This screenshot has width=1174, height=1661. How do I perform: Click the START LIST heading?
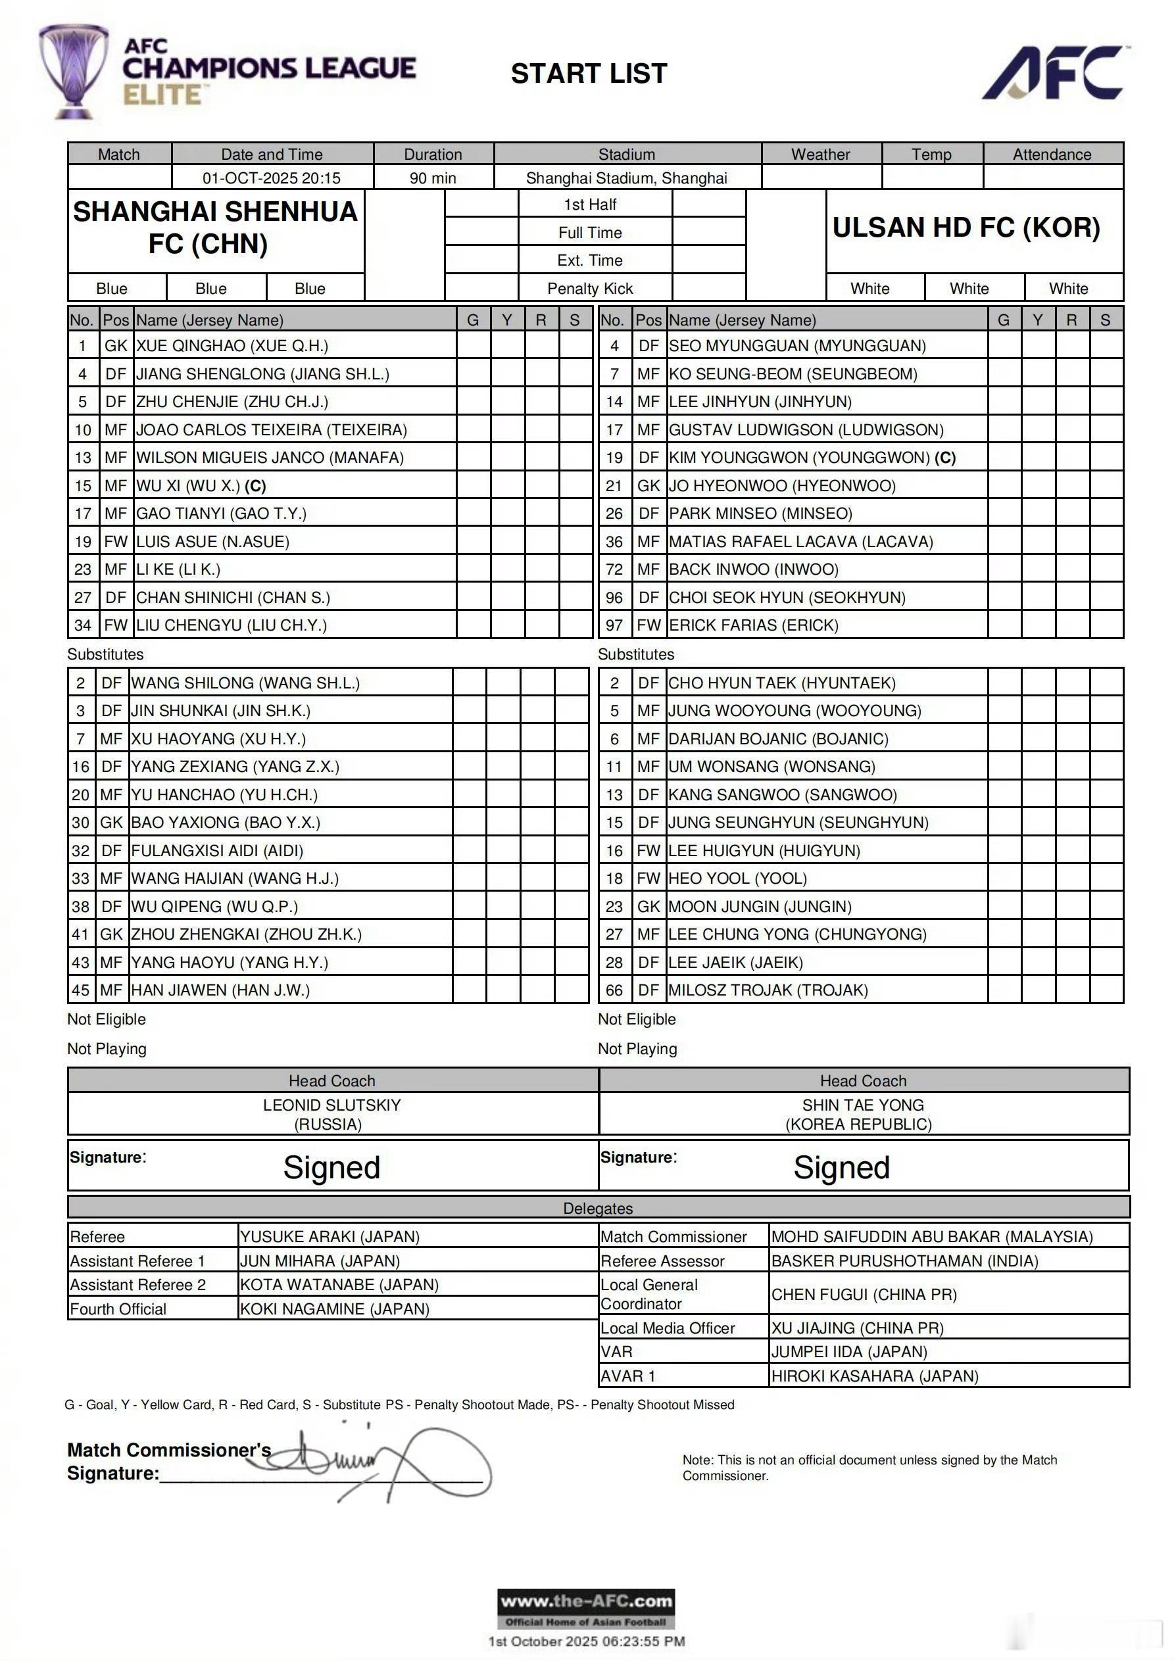tap(589, 73)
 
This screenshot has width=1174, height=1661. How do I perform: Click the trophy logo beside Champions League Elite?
tap(74, 71)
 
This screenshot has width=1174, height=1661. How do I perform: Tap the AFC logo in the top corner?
tap(1054, 72)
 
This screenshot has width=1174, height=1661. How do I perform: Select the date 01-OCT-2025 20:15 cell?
tap(272, 178)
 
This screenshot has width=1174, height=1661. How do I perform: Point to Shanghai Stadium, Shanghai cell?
tap(626, 178)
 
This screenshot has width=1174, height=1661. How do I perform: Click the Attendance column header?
tap(1052, 154)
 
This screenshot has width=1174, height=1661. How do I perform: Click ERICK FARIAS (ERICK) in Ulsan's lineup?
tap(754, 625)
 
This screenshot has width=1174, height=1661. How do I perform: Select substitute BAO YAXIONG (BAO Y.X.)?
tap(226, 823)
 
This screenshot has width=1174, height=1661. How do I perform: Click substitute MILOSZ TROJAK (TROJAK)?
tap(768, 990)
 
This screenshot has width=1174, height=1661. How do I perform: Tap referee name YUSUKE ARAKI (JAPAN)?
tap(330, 1236)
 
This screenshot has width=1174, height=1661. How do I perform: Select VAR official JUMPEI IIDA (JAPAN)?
tap(849, 1351)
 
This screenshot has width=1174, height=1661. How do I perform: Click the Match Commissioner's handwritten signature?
tap(391, 1461)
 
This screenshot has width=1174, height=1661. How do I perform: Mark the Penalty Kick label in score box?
tap(590, 289)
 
